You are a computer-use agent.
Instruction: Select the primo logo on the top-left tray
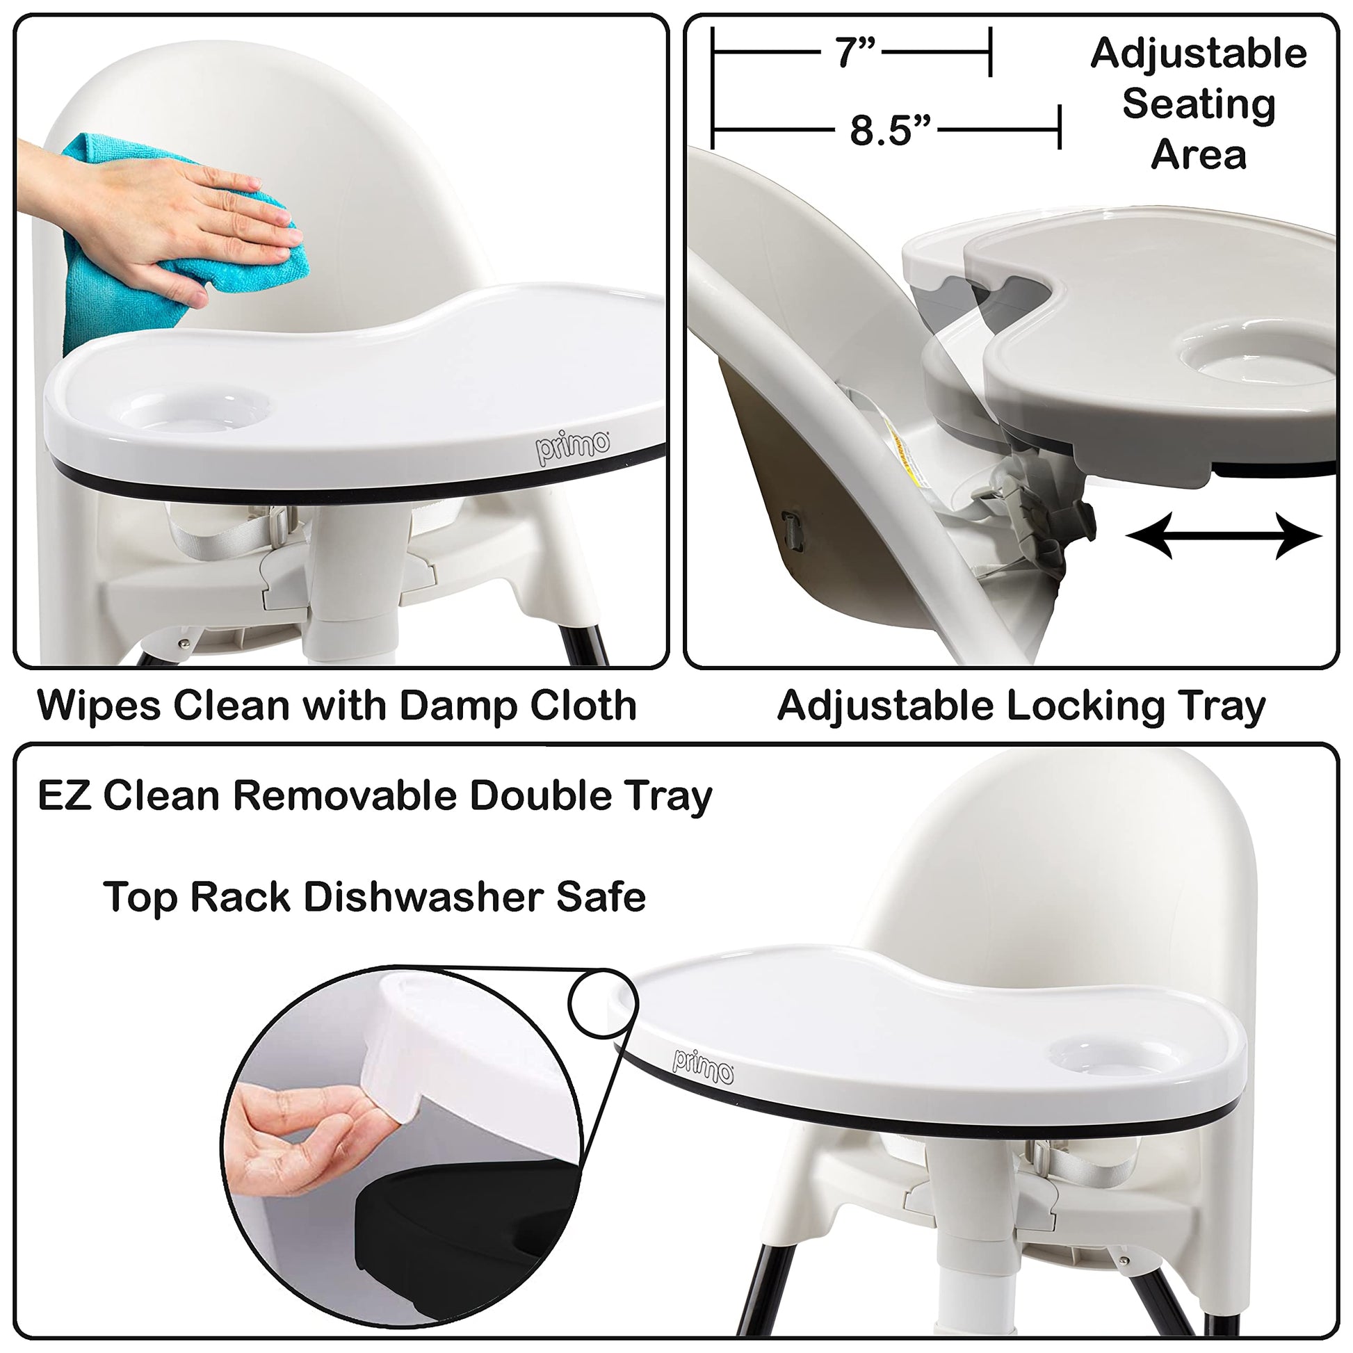574,447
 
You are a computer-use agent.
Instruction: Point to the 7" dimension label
855,54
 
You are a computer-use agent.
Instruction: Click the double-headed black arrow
1224,536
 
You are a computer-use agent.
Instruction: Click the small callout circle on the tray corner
603,1003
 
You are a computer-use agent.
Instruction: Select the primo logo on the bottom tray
703,1067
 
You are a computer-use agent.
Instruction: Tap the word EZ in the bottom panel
64,796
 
